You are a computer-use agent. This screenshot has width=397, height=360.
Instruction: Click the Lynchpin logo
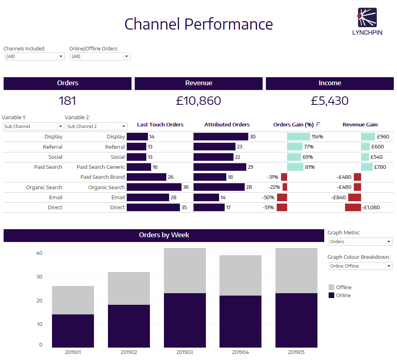click(367, 21)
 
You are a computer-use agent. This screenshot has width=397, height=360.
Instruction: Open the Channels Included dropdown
click(34, 56)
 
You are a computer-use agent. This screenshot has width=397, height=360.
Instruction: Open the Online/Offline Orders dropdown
click(100, 56)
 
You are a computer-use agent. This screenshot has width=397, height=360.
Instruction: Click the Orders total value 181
click(67, 101)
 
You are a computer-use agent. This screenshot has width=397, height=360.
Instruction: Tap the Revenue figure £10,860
click(198, 101)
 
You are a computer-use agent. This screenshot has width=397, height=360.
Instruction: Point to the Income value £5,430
click(330, 101)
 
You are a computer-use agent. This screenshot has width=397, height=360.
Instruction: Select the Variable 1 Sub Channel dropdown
click(33, 126)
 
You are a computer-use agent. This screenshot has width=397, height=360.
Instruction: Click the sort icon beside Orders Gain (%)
click(318, 124)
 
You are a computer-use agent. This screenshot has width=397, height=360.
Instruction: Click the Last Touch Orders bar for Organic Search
click(154, 187)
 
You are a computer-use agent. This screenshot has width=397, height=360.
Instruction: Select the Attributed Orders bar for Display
click(221, 136)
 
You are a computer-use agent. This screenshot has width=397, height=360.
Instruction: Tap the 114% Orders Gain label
click(317, 137)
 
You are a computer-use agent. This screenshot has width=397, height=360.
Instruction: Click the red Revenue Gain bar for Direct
click(353, 207)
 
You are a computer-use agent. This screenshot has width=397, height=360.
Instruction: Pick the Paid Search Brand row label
click(102, 177)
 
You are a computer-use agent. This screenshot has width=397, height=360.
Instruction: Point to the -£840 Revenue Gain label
click(338, 197)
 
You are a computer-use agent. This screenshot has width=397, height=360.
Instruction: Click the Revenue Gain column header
click(360, 124)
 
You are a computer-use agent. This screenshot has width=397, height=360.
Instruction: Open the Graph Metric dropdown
click(360, 242)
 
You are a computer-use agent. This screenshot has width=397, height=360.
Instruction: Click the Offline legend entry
click(340, 287)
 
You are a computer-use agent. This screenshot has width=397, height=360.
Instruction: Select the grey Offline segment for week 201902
click(129, 288)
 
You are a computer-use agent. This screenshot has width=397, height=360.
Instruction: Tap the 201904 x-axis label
click(240, 352)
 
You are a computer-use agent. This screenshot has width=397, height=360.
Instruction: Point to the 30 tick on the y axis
click(39, 277)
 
